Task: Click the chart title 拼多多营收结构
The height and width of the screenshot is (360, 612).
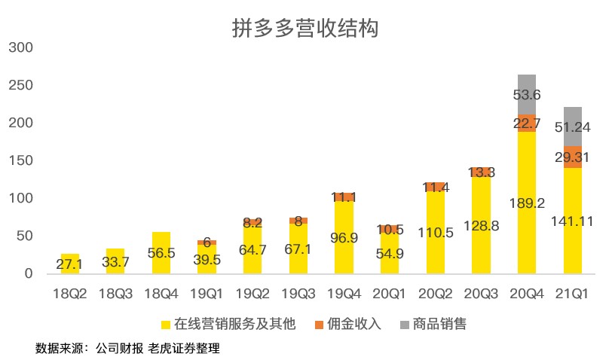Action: pos(305,28)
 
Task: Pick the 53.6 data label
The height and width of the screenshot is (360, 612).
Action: pos(527,95)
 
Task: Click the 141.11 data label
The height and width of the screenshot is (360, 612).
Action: pos(572,221)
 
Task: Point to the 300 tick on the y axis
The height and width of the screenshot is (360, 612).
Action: pos(21,47)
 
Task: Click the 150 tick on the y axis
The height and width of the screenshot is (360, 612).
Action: pos(21,160)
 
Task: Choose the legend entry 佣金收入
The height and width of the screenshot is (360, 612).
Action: pos(350,325)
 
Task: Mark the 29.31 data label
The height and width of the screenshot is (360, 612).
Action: pos(572,157)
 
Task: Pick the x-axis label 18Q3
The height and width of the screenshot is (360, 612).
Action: pos(115,293)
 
